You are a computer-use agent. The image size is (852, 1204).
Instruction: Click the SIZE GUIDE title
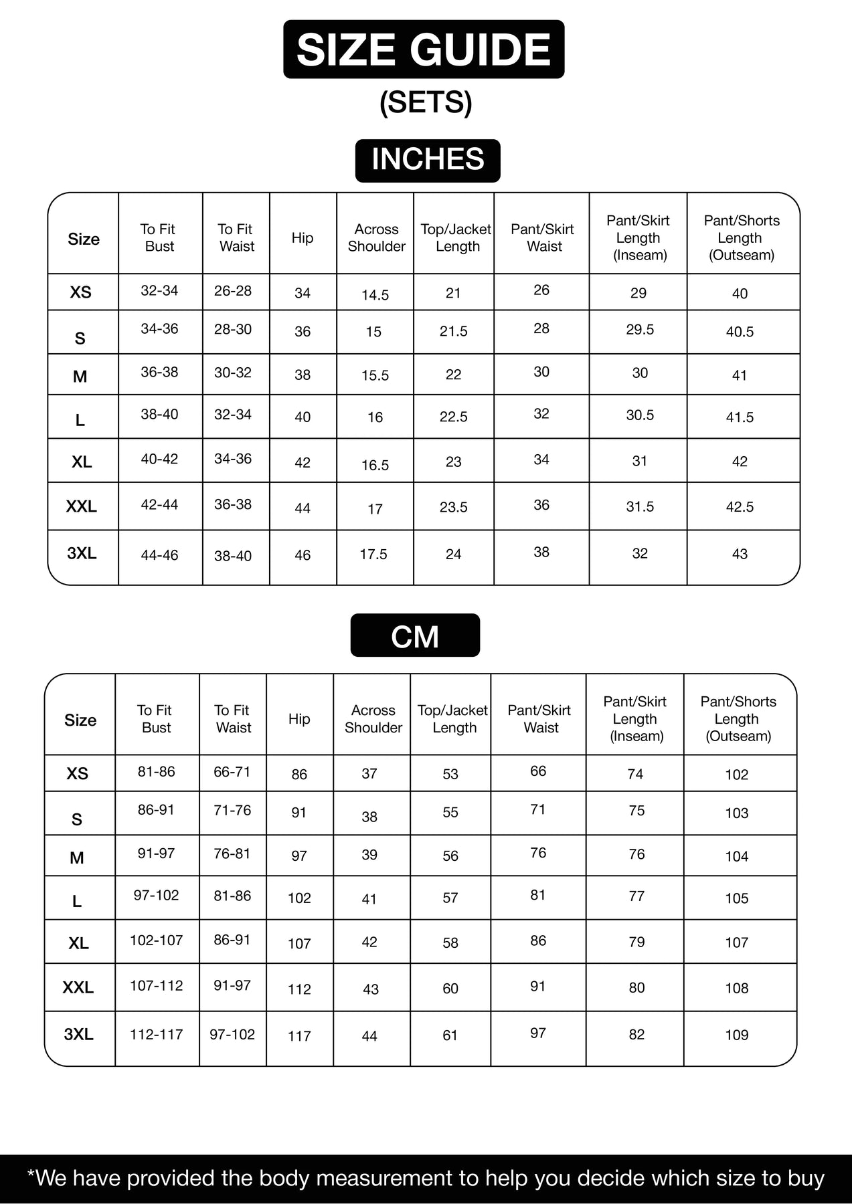424,49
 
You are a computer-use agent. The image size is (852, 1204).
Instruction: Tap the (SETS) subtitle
426,102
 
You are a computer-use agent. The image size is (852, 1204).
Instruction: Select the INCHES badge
428,160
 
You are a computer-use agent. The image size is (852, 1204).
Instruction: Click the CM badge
415,636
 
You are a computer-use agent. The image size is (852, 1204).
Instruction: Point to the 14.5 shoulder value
375,295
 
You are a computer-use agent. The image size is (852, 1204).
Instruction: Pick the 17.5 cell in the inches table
373,555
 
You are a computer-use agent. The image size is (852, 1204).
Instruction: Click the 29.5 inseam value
640,330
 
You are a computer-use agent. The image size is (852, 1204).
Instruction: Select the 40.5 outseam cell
740,332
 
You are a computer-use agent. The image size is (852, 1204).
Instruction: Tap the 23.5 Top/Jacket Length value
453,507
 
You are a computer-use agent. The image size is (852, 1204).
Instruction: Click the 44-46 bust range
159,555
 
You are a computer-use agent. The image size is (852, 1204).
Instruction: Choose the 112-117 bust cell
156,1035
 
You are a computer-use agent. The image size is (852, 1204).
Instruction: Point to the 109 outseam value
736,1035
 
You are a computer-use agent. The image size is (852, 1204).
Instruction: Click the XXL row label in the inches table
82,507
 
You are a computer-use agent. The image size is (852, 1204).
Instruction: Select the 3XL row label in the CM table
78,1035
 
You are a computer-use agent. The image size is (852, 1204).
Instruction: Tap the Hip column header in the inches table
303,238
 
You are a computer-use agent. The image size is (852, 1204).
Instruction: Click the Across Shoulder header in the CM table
373,719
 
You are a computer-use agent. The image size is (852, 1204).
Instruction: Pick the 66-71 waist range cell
232,772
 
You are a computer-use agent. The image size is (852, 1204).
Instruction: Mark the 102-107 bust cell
156,940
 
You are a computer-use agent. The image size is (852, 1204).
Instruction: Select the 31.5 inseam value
640,507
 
